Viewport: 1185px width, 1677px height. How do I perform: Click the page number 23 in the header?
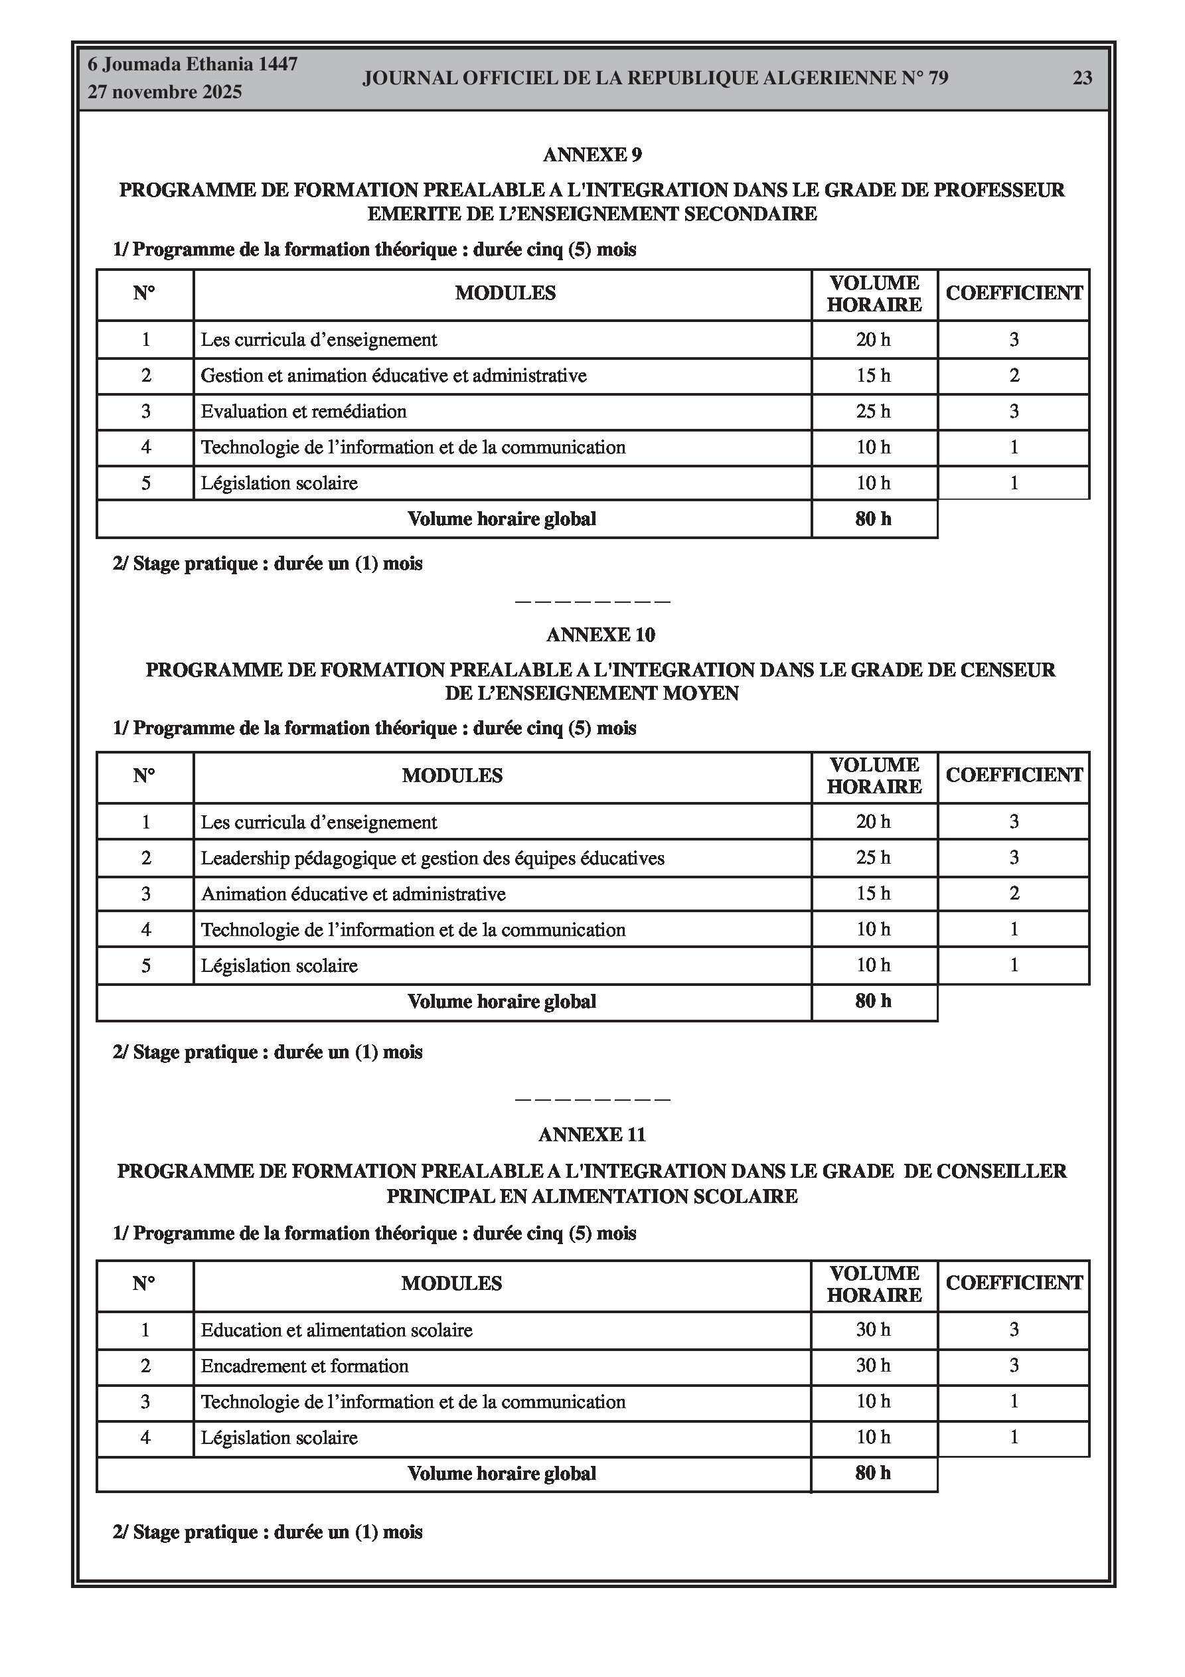1082,78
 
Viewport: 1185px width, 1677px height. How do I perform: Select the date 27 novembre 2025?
165,92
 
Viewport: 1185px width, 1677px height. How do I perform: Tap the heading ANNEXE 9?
592,155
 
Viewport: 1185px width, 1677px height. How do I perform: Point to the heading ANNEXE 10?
601,635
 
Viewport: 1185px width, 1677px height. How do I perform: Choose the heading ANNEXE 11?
592,1135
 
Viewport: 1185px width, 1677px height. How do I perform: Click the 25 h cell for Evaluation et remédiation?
873,412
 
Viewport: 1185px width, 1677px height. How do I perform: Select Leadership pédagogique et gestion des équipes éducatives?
432,858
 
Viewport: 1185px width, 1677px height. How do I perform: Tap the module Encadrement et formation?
304,1366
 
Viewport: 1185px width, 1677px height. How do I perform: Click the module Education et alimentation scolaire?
336,1330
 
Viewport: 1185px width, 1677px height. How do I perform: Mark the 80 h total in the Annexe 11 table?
873,1473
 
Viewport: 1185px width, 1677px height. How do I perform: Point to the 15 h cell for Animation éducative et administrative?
873,894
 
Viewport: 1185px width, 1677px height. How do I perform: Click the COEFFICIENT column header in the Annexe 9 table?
1013,293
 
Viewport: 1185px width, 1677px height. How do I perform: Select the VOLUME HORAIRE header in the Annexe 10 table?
874,775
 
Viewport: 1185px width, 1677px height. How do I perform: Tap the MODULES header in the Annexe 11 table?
451,1283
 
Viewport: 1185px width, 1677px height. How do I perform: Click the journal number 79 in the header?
938,78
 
